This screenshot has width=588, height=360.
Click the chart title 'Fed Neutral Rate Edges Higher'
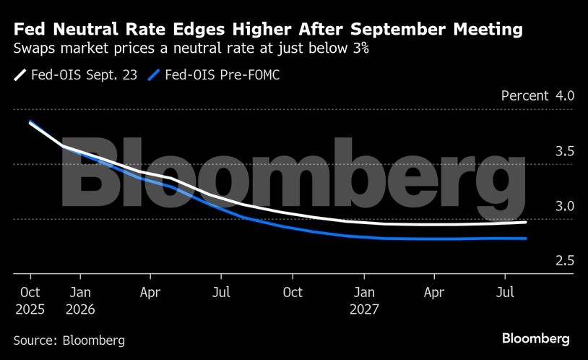(x=268, y=30)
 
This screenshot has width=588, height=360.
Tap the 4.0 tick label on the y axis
(x=564, y=96)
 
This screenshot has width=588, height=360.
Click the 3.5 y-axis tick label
(x=564, y=151)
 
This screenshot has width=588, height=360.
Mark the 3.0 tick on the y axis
(x=564, y=206)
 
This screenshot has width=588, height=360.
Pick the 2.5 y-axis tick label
(x=564, y=261)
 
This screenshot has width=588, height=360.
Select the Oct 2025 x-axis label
(x=30, y=300)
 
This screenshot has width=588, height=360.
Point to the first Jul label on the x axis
(x=222, y=292)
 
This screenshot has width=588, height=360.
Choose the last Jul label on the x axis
(x=506, y=292)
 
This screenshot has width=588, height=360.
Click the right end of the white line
(x=526, y=222)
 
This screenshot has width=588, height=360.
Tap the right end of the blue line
(x=526, y=239)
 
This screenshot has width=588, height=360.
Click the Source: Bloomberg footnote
(x=69, y=340)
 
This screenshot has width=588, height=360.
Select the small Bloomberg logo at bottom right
(x=536, y=338)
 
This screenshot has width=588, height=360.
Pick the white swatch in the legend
(x=20, y=74)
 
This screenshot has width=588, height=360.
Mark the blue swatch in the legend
(x=154, y=74)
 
